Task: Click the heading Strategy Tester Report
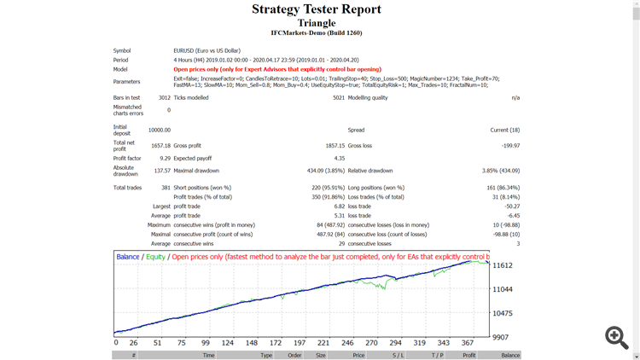click(317, 9)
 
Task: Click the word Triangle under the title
click(317, 23)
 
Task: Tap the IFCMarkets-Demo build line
click(317, 33)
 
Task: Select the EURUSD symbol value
click(207, 51)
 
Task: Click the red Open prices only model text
click(277, 69)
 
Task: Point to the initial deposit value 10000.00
click(159, 131)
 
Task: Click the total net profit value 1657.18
click(160, 146)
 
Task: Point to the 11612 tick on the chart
click(503, 266)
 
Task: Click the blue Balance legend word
click(128, 257)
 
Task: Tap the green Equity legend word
click(155, 257)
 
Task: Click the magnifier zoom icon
click(617, 337)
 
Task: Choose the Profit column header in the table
click(468, 355)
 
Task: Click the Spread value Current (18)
click(503, 131)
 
